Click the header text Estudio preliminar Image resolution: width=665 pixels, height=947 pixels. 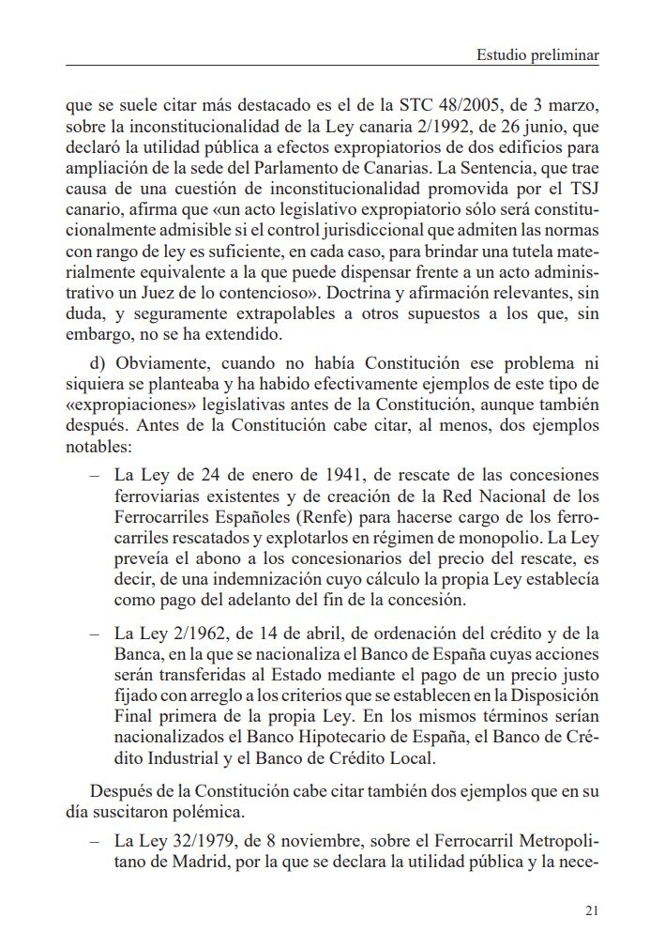tap(537, 55)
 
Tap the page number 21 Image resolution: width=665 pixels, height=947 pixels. tap(590, 909)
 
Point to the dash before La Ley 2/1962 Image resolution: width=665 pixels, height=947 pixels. tap(94, 634)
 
